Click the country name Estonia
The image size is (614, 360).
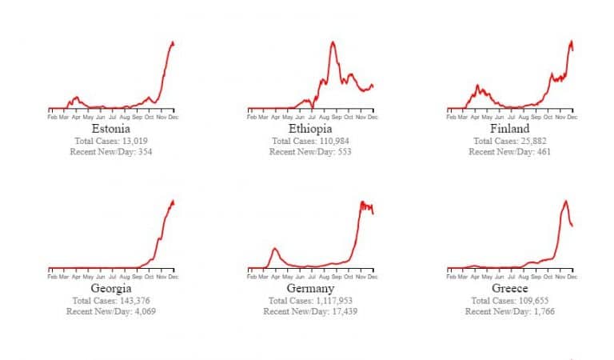(111, 129)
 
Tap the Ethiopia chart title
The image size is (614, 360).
(310, 129)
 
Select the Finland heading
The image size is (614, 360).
(509, 129)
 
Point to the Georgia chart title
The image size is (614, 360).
(111, 288)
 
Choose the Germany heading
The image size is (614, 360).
(310, 288)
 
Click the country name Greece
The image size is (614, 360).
(509, 288)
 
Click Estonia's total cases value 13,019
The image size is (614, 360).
(134, 141)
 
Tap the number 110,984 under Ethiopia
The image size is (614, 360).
(334, 141)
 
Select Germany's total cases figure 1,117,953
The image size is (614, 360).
(334, 301)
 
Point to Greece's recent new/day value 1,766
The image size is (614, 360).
(544, 311)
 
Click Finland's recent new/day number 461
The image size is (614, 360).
(544, 151)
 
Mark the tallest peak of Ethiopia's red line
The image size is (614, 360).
(333, 42)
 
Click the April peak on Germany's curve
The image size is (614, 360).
(275, 248)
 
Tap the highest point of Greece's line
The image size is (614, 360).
(565, 201)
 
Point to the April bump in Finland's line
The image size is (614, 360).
(477, 85)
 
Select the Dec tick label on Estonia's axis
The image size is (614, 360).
(173, 117)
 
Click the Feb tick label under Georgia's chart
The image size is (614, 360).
(52, 277)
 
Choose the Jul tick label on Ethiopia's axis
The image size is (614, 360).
(312, 117)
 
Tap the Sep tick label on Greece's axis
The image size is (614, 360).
(536, 277)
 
